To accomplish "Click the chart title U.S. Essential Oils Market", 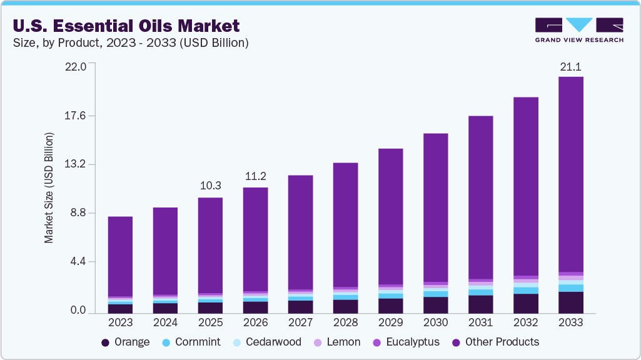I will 125,26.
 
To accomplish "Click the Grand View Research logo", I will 579,30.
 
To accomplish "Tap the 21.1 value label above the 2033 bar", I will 570,67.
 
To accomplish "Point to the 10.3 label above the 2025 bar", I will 210,186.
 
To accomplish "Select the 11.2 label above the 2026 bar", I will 255,176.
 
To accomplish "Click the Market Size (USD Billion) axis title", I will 49,187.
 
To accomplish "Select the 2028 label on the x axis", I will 345,322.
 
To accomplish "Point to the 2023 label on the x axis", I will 120,322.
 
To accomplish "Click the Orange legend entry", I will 125,342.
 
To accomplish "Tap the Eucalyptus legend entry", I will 405,342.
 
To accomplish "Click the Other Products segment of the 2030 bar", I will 435,206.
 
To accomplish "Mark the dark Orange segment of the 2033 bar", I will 570,302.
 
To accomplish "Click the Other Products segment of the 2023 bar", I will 120,256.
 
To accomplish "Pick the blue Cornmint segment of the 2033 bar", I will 570,288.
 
